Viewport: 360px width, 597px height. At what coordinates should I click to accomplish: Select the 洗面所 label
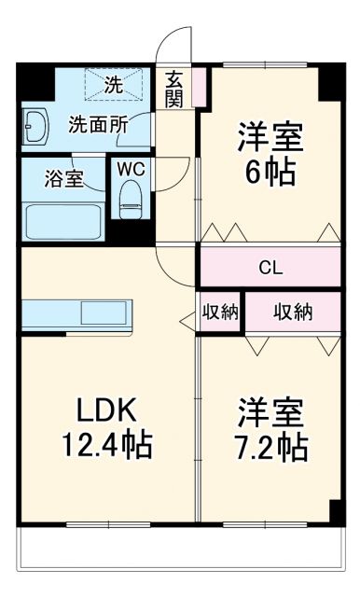pyautogui.click(x=98, y=122)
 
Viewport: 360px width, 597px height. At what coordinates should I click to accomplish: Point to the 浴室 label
pyautogui.click(x=64, y=178)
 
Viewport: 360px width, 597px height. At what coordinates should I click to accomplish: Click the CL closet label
pyautogui.click(x=270, y=269)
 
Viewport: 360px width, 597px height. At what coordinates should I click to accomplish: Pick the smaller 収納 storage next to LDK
pyautogui.click(x=220, y=312)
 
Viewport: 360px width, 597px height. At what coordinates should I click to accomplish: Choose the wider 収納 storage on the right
pyautogui.click(x=292, y=312)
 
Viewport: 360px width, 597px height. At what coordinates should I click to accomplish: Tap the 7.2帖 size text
pyautogui.click(x=270, y=449)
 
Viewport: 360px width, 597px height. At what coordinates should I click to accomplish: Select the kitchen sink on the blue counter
pyautogui.click(x=104, y=311)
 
